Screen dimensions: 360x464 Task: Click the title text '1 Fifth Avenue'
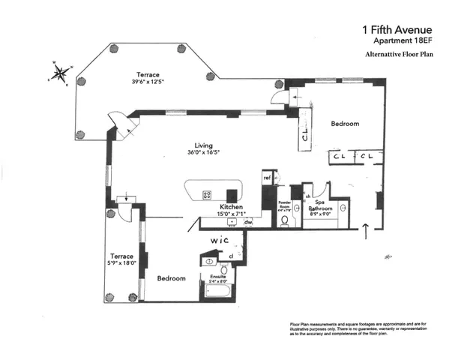pos(398,30)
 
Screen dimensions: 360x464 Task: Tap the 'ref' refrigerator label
pos(266,177)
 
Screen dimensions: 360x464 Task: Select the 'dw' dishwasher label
pos(247,222)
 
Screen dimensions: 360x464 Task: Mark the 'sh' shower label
pos(308,196)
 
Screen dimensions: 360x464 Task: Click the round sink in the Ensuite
pos(210,262)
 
